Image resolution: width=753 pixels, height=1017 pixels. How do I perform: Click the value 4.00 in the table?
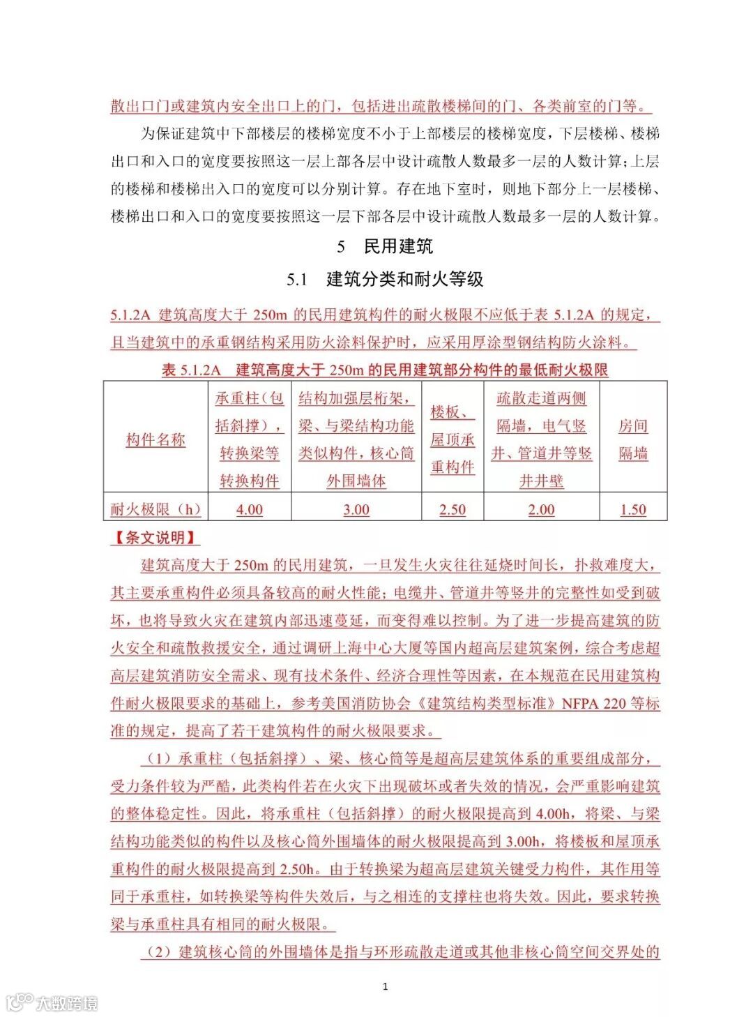click(x=249, y=509)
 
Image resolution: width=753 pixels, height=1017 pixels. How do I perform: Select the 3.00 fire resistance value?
click(x=356, y=509)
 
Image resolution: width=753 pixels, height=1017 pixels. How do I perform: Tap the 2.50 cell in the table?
click(x=452, y=509)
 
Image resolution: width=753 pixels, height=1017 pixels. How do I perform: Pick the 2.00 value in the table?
click(x=541, y=509)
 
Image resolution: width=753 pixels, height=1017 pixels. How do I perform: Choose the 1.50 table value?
click(x=632, y=509)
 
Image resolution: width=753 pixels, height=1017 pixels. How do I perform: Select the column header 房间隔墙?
click(x=632, y=439)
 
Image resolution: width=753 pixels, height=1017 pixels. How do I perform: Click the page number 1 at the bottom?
click(x=386, y=986)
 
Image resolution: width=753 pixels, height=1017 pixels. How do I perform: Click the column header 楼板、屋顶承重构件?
click(x=452, y=439)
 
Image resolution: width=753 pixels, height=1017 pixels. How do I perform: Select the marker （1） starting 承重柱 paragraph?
click(x=158, y=758)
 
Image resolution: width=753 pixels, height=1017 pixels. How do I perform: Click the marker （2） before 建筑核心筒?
click(x=158, y=951)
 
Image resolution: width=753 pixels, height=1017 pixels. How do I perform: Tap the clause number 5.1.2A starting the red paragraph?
click(x=130, y=315)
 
